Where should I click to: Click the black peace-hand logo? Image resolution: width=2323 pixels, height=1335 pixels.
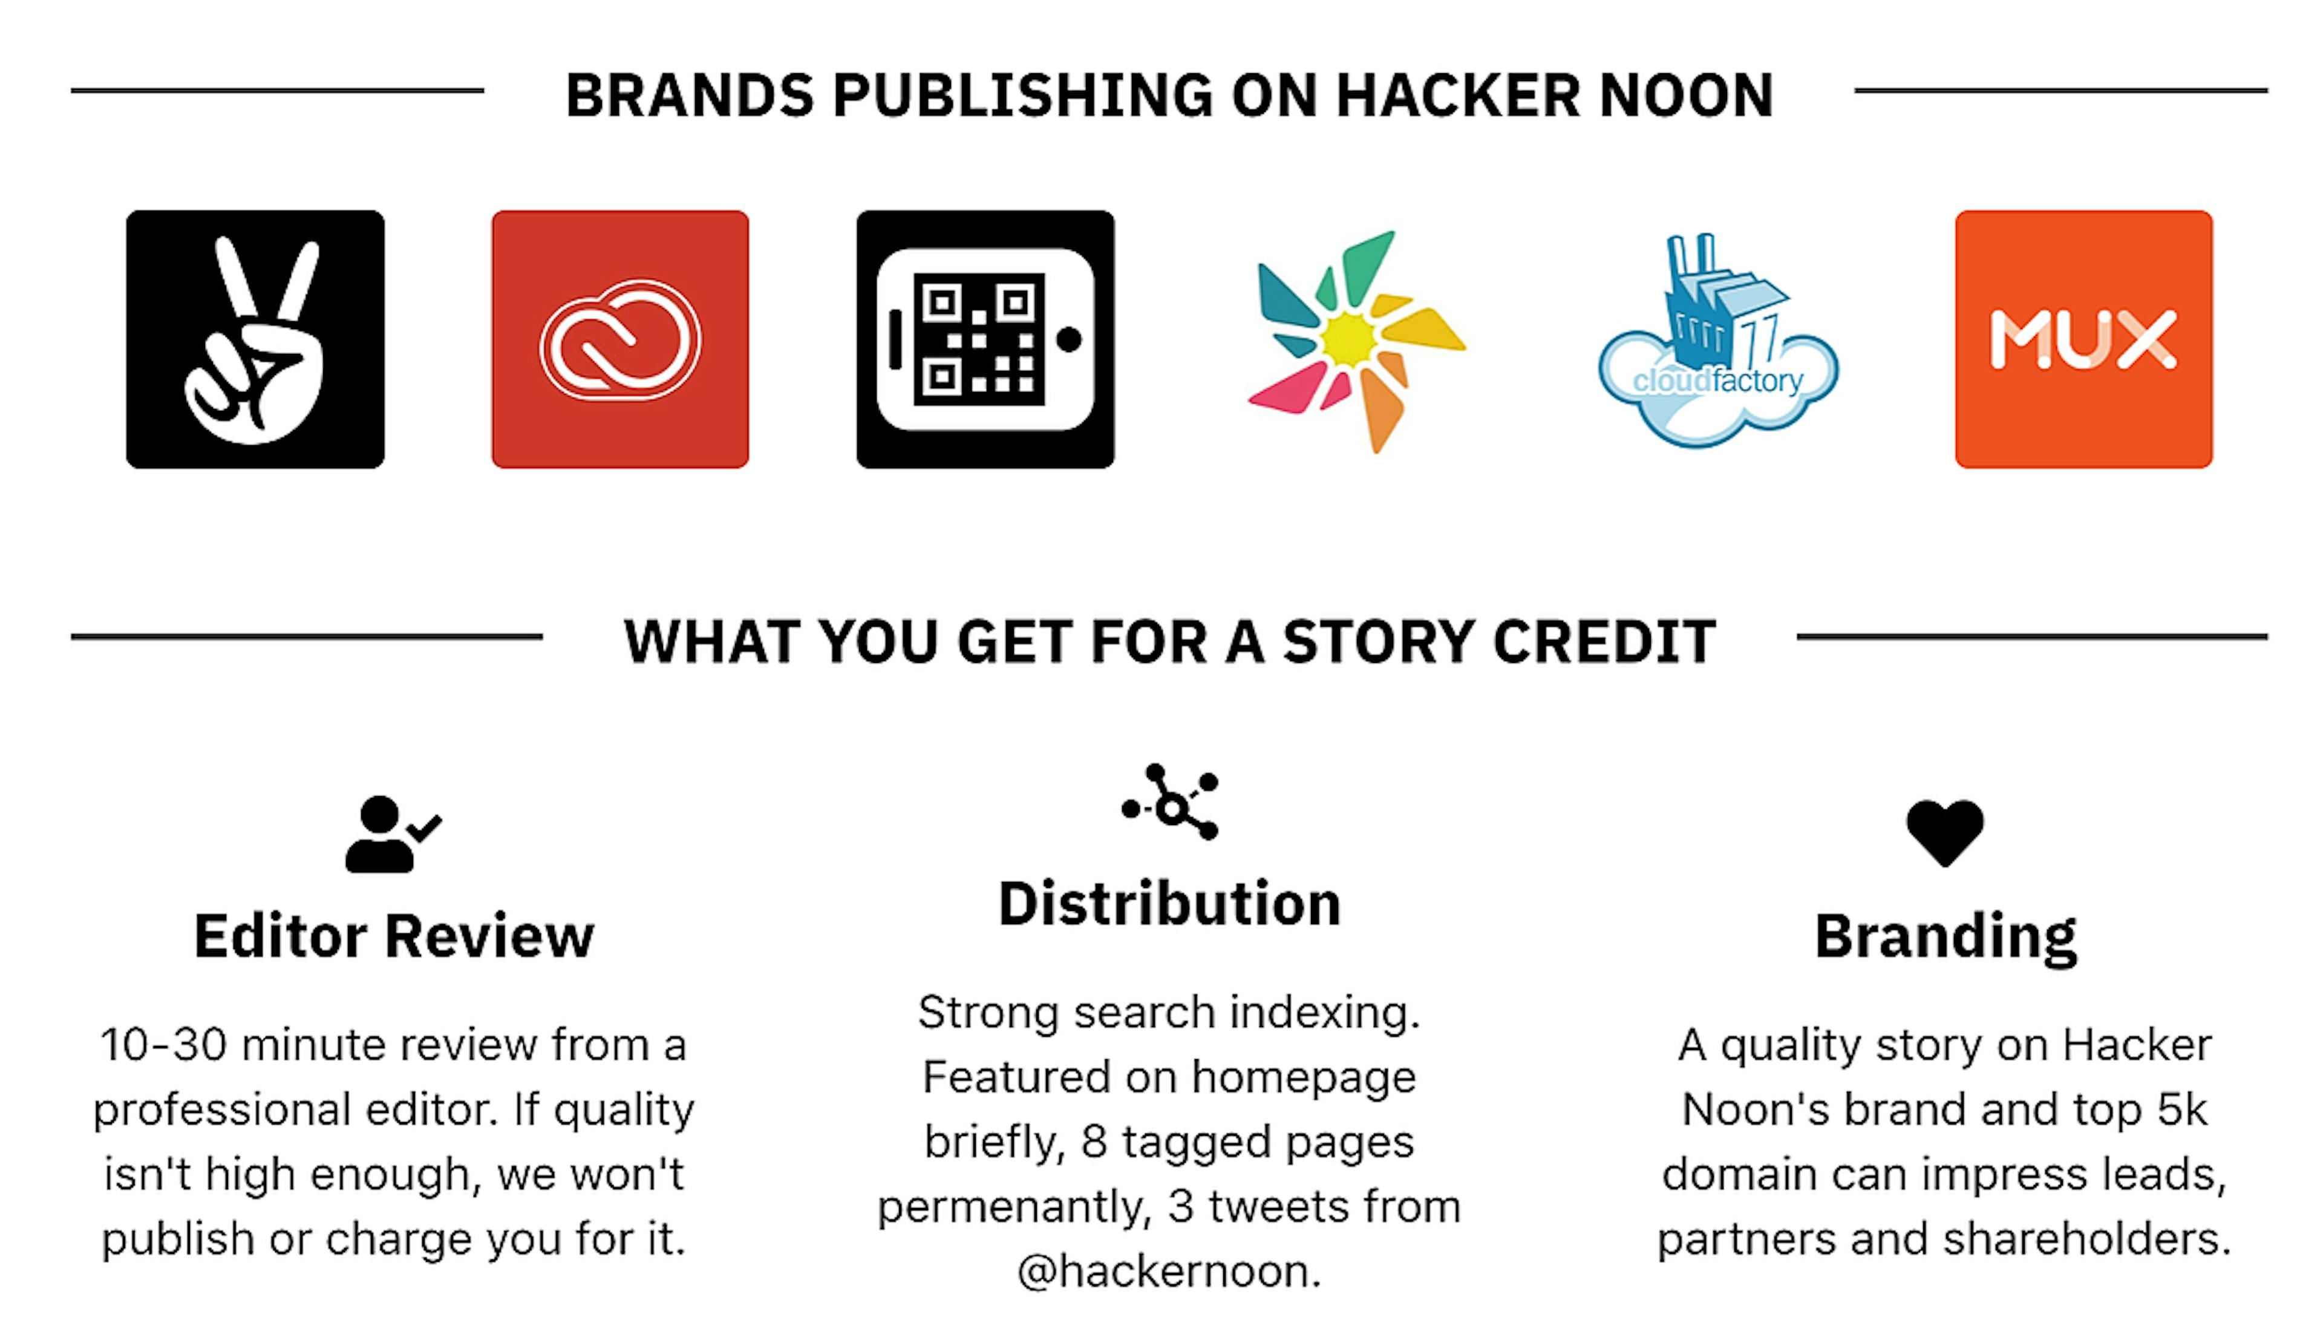click(255, 339)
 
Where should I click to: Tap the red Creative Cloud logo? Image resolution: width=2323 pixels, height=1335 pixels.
click(619, 339)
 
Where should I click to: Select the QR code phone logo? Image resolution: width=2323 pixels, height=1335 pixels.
click(985, 339)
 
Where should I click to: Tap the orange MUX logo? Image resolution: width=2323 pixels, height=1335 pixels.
click(2083, 339)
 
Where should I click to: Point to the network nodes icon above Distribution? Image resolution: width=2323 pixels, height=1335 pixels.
click(1170, 802)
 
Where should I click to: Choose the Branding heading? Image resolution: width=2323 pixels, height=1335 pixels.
click(1946, 936)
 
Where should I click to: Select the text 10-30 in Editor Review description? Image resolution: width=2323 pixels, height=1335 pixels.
click(163, 1045)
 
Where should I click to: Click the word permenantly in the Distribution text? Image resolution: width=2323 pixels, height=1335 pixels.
click(1014, 1207)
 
